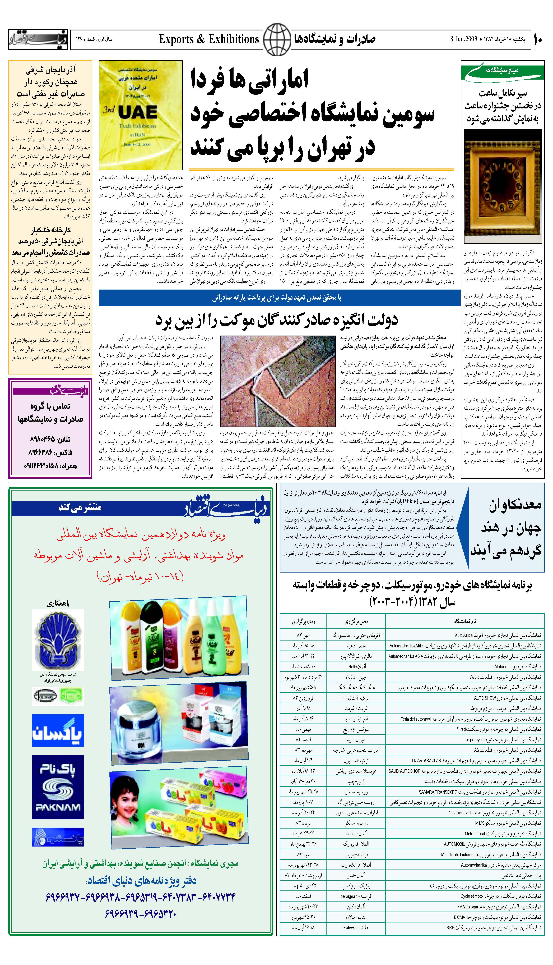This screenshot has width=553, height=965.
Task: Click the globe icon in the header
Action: (277, 39)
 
